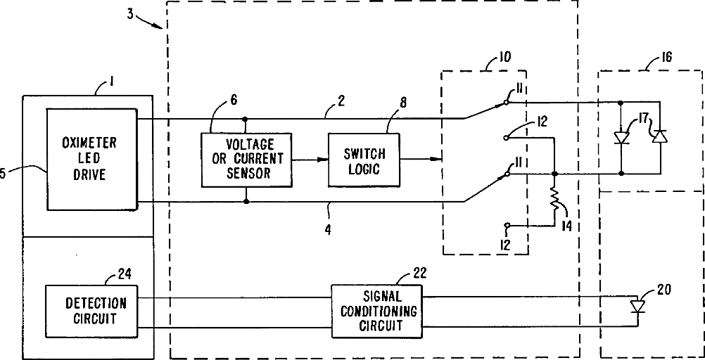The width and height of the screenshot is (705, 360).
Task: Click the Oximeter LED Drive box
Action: click(x=91, y=159)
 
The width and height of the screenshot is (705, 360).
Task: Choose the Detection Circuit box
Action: click(x=91, y=311)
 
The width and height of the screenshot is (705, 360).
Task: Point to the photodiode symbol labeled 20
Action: click(x=637, y=307)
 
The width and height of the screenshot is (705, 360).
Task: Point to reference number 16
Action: click(x=665, y=58)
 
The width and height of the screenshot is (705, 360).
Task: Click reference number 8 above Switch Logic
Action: click(x=403, y=103)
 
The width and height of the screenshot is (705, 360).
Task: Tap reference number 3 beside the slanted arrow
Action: click(x=130, y=14)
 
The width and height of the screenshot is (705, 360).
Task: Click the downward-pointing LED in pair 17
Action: click(x=621, y=137)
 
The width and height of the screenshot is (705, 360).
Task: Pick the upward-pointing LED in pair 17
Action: click(x=660, y=137)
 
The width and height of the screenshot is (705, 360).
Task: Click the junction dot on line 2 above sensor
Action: click(x=245, y=119)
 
